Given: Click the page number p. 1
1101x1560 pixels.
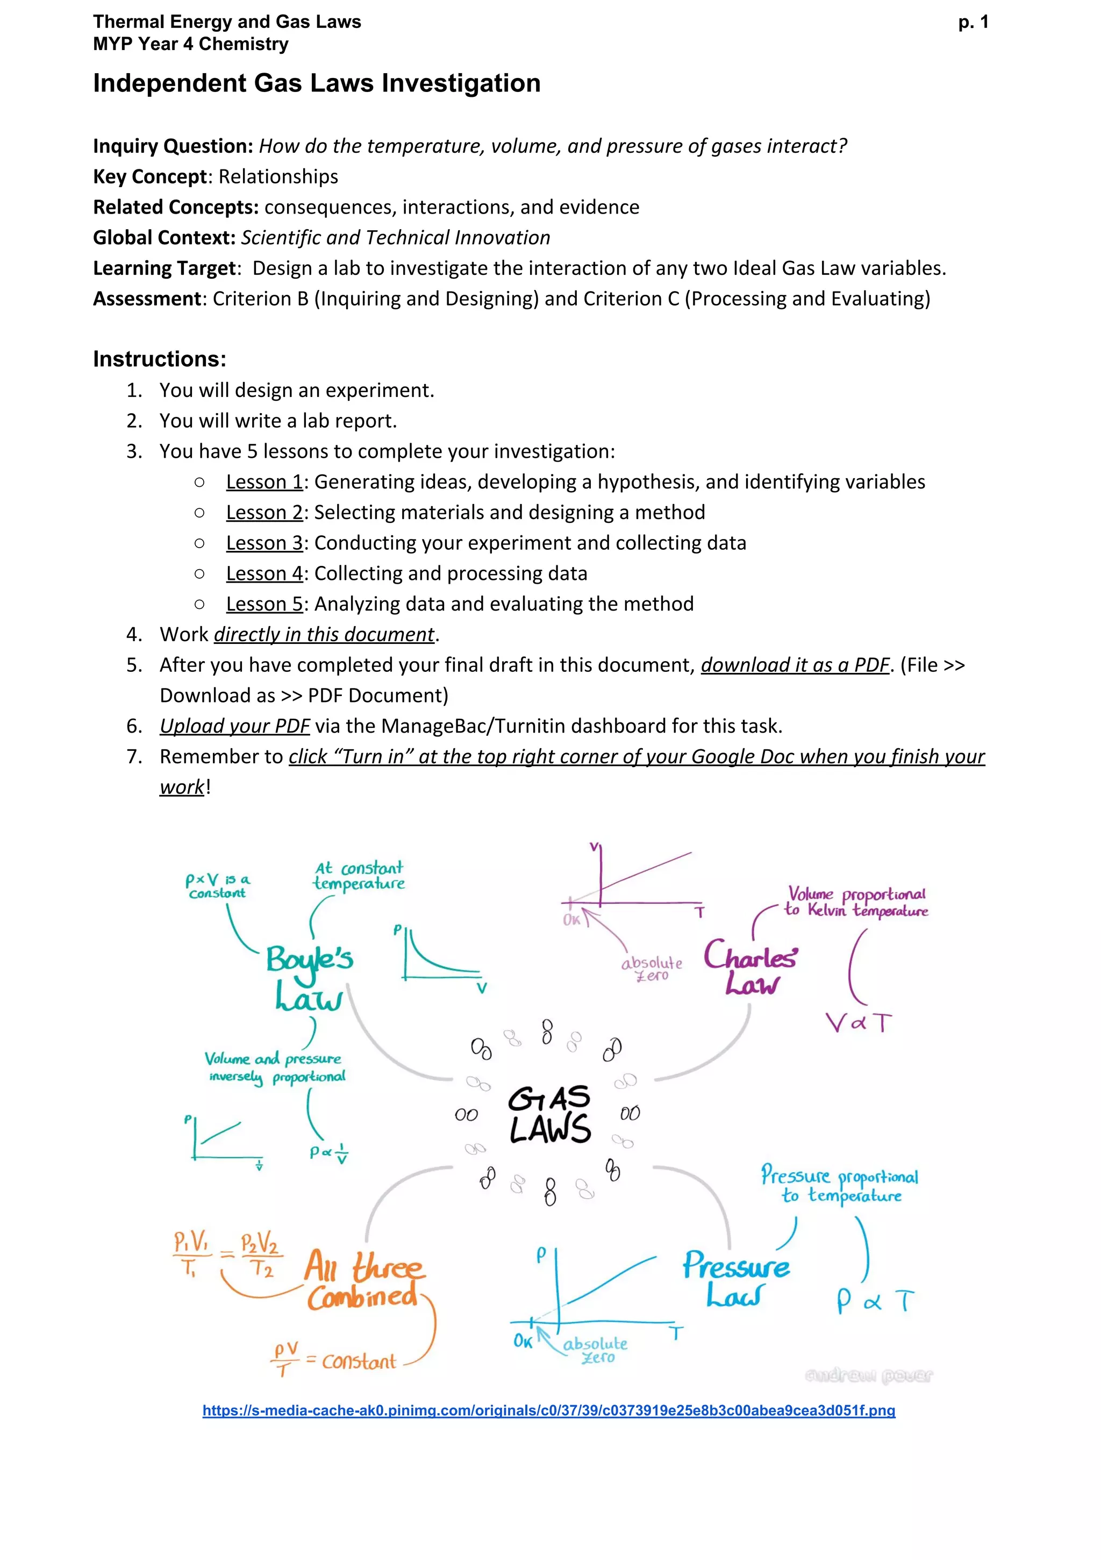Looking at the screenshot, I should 973,23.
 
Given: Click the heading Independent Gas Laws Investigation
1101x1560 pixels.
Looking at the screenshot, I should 317,83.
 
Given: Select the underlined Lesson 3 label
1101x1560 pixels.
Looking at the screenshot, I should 264,543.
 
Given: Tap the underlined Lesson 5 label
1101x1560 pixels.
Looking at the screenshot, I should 264,604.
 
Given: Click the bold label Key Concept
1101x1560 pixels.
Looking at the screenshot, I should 150,176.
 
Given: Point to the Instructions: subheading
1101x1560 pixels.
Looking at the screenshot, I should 160,359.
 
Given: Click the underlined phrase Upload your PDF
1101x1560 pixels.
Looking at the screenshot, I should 234,726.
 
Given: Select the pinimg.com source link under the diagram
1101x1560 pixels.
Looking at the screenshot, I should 549,1410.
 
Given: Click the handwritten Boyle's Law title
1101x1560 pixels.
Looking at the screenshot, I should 309,977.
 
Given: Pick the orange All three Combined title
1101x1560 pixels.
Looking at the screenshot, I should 363,1280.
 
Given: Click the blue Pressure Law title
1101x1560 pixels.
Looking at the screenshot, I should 735,1278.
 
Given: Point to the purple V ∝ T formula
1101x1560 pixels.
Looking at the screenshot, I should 858,1023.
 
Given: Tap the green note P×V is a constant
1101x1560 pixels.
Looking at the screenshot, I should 217,886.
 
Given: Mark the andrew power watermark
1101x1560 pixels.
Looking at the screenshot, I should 869,1376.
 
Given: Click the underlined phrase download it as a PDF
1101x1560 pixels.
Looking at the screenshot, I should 795,665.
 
